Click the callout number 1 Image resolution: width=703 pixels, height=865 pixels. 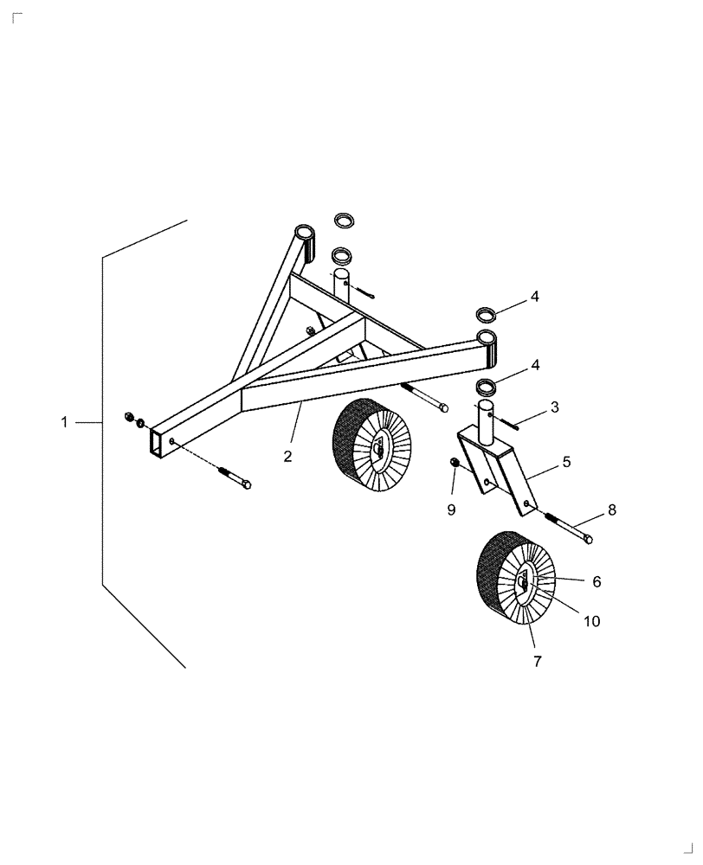point(64,422)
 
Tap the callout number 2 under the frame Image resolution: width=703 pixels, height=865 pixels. point(287,456)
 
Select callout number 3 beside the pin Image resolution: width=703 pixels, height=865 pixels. point(554,406)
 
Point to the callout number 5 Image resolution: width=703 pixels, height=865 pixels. point(566,462)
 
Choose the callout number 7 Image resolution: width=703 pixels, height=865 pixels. point(537,662)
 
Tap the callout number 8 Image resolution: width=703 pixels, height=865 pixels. point(612,510)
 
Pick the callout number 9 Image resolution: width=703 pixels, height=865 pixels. point(450,510)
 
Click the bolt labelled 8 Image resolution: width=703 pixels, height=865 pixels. point(568,528)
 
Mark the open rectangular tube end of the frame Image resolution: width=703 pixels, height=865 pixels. point(156,442)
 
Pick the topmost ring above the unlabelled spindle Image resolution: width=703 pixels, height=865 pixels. point(344,219)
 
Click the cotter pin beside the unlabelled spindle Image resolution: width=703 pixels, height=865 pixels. point(364,292)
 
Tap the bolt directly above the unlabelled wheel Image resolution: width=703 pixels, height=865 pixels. point(423,396)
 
